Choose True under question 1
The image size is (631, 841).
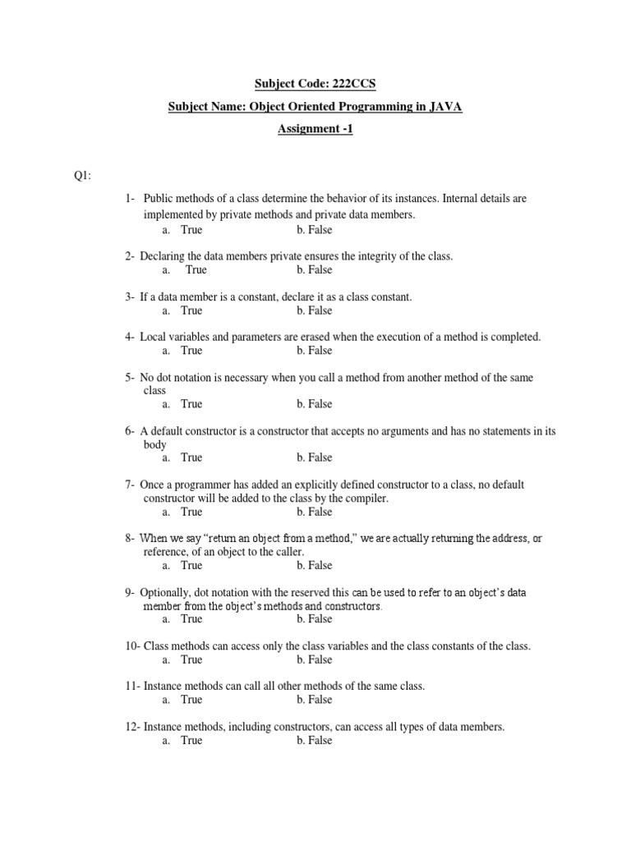pos(191,230)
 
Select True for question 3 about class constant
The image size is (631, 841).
pos(191,310)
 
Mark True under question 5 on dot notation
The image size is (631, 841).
pos(191,404)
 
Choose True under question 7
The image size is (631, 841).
pos(191,512)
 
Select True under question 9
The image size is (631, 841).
pos(191,619)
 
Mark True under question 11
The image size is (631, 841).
pos(191,700)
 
